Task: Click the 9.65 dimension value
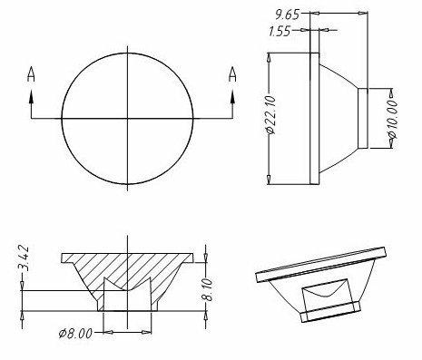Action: (287, 15)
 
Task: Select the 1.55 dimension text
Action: (280, 31)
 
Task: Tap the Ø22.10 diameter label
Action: (270, 115)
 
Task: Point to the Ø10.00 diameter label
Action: (392, 120)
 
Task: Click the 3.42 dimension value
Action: (24, 258)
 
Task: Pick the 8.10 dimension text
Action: (208, 290)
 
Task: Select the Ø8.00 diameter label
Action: (75, 334)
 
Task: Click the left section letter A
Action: (31, 74)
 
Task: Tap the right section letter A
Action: (232, 74)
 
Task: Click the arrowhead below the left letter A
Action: (31, 97)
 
